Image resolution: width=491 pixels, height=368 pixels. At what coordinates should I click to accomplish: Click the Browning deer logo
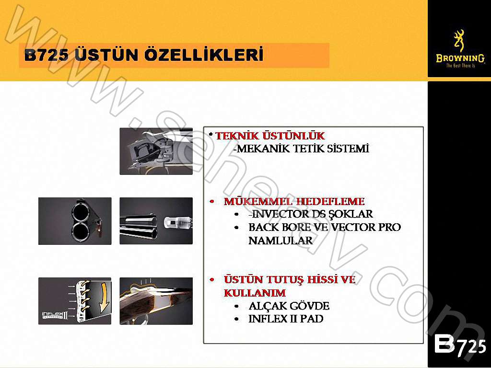point(459,40)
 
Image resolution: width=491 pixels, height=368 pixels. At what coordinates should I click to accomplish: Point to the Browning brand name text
point(459,58)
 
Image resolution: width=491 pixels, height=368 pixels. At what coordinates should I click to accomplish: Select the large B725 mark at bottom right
point(459,345)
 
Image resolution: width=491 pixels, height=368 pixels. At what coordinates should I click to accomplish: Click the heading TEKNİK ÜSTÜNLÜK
point(270,136)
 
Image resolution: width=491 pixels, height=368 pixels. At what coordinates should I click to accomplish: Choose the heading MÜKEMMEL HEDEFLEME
point(294,201)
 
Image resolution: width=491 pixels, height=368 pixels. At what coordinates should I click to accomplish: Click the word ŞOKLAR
point(351,214)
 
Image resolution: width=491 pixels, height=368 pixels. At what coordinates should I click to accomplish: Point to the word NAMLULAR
point(281,241)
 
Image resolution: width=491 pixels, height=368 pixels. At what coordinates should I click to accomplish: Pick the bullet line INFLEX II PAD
point(286,319)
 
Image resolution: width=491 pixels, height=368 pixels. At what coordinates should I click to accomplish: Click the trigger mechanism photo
point(156,151)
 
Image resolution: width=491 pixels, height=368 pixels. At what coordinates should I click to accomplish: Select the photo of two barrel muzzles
point(75,221)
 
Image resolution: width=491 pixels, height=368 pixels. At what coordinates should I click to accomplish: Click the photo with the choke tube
point(156,221)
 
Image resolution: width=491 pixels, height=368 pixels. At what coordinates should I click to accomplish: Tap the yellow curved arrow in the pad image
point(103,297)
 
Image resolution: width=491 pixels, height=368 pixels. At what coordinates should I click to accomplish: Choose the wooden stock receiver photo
point(156,301)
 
